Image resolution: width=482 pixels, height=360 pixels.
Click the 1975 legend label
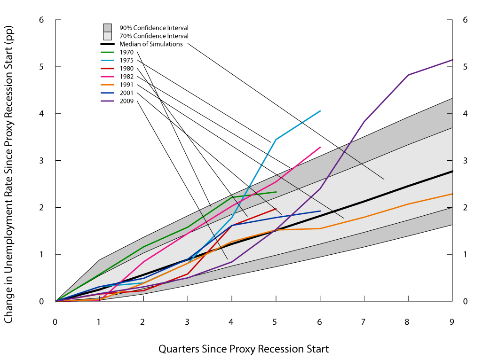coord(127,60)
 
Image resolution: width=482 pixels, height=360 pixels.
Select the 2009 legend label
coord(127,101)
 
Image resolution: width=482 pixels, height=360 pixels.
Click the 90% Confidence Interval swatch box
coord(107,28)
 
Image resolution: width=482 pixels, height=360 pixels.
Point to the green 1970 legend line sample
coord(107,52)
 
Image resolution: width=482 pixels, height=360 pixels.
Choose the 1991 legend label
coord(127,85)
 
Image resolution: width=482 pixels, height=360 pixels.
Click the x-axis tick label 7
coord(363,322)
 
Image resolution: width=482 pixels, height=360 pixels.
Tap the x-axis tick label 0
coord(55,322)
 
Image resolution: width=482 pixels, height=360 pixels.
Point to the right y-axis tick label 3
coord(465,161)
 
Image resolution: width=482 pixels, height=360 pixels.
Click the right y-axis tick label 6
coord(465,20)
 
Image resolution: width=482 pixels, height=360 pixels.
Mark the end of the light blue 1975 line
coord(320,111)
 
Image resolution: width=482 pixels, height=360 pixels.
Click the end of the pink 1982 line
coord(320,147)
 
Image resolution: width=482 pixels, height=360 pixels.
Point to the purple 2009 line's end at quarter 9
coord(452,60)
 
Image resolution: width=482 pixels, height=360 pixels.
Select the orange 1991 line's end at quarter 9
coord(452,194)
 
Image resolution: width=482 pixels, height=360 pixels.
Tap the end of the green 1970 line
coord(276,192)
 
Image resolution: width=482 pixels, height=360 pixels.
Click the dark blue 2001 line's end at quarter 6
coord(320,211)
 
